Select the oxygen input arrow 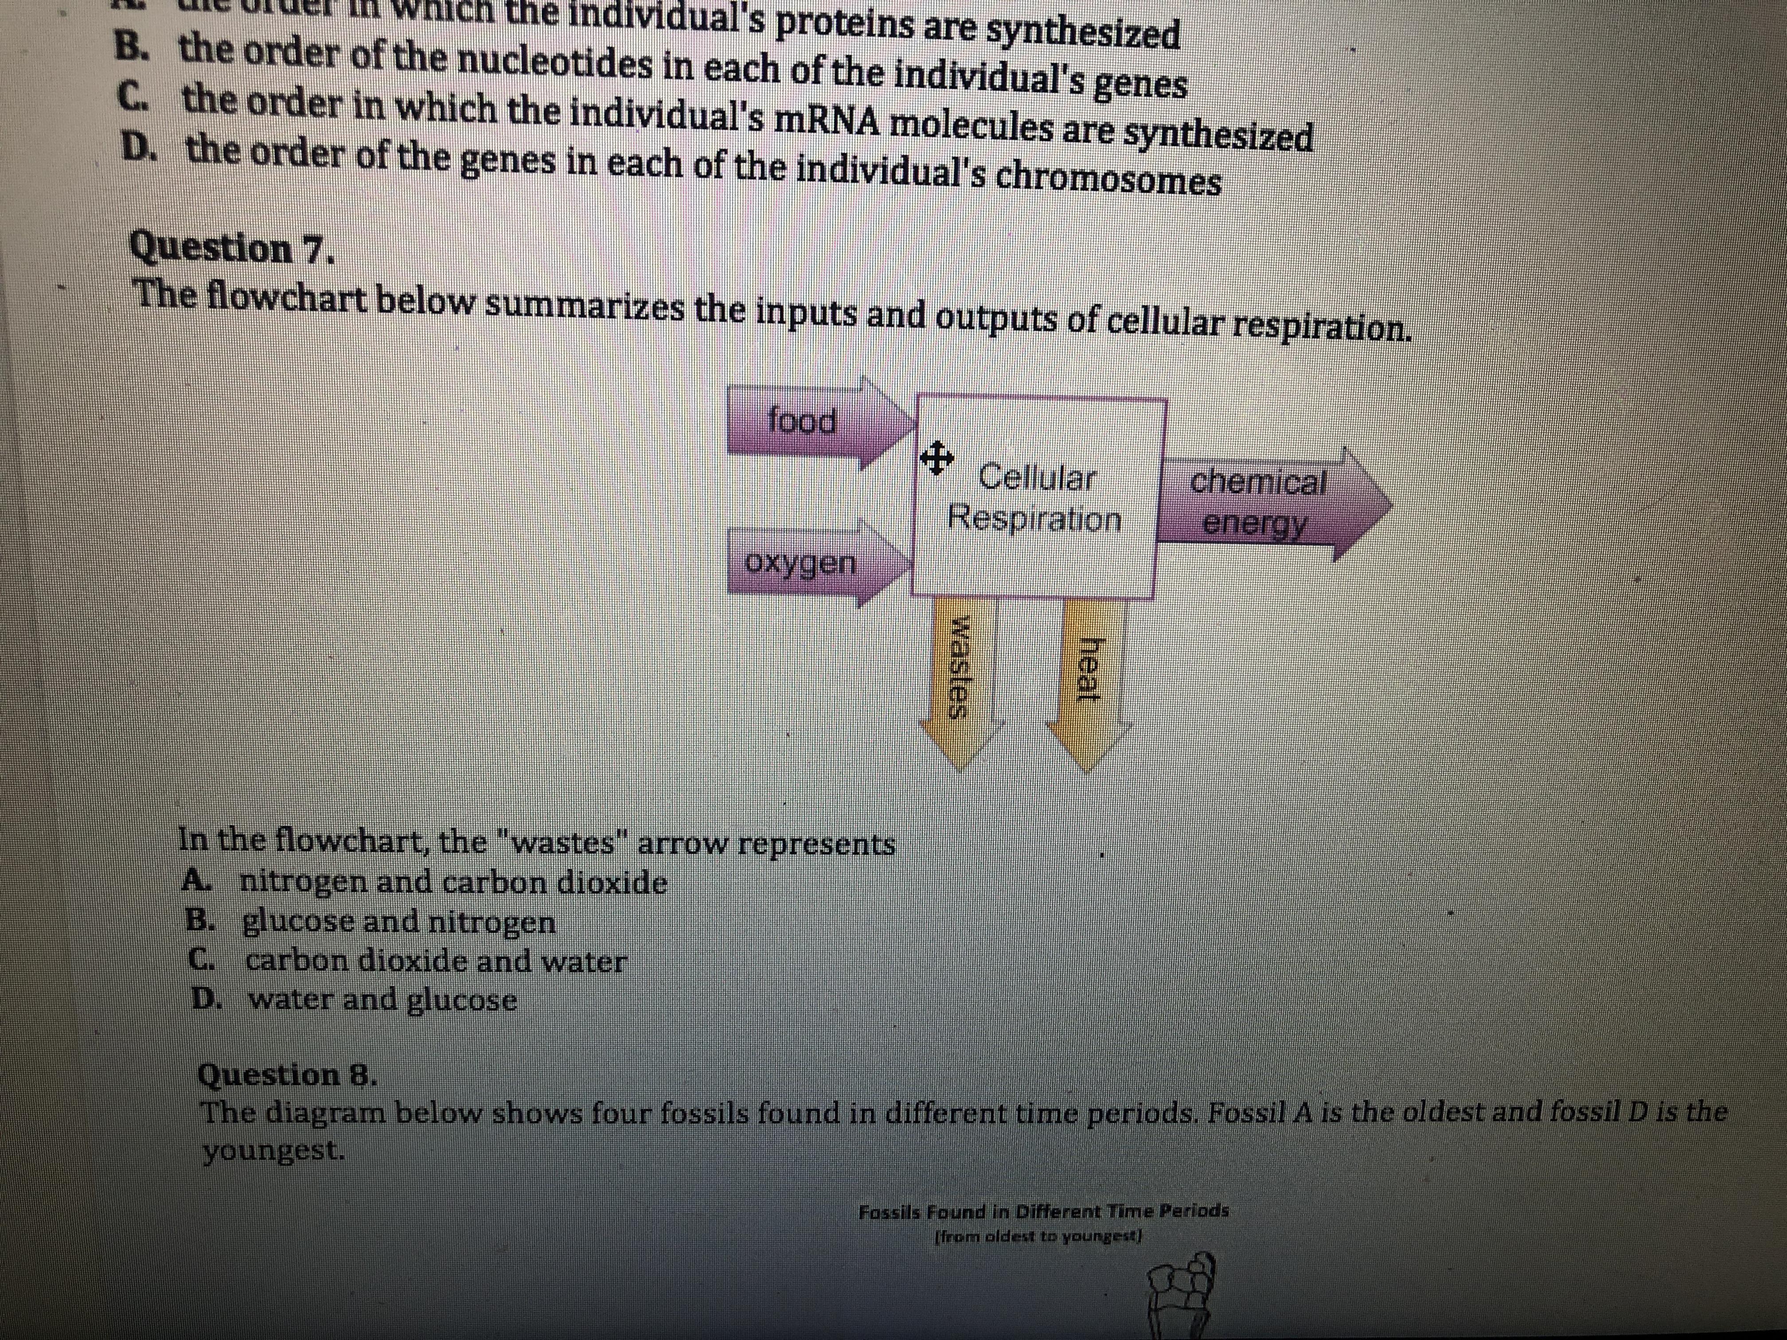point(804,563)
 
